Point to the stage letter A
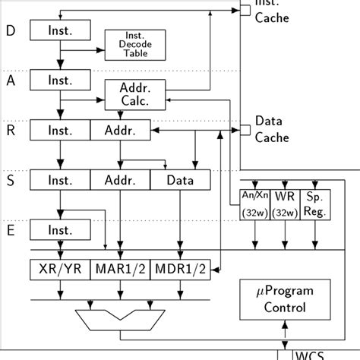pos(10,81)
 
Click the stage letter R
pos(10,131)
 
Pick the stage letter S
pos(10,181)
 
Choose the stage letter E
pos(10,230)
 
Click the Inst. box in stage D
pos(59,30)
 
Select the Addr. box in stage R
pos(119,131)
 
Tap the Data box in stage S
pos(179,181)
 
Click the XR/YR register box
pos(59,269)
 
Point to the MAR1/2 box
pos(119,269)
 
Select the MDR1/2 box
pos(179,269)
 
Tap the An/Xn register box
pos(254,203)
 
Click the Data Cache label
pos(271,128)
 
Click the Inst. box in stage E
pos(59,230)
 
